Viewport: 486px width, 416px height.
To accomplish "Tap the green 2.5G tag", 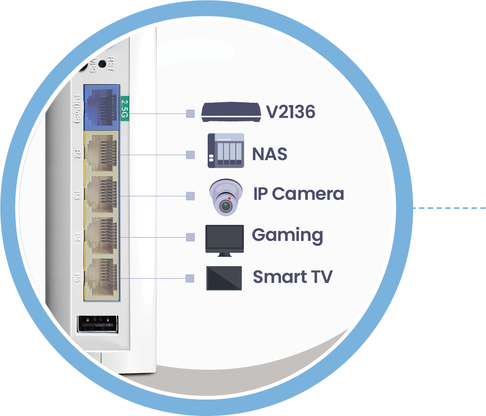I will (124, 108).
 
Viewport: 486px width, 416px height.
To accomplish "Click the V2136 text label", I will (290, 112).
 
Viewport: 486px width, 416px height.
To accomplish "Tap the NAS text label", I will (269, 154).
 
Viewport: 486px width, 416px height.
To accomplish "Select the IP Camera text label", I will (298, 194).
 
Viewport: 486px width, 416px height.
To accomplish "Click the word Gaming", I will (287, 235).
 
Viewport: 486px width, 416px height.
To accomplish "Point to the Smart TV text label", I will (292, 277).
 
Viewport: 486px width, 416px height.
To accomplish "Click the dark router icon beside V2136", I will (231, 113).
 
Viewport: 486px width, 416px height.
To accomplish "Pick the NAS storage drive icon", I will (226, 150).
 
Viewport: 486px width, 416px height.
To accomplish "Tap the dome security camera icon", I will (226, 197).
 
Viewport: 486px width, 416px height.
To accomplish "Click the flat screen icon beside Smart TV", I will (224, 278).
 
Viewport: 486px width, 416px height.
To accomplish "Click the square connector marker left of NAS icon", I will (190, 155).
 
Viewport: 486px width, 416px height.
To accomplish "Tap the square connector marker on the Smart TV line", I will (189, 278).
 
